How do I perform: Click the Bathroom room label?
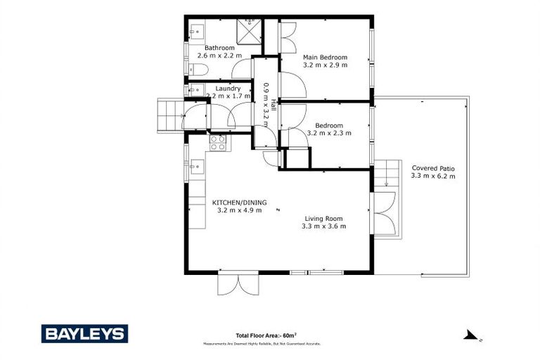click(x=219, y=48)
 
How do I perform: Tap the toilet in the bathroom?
click(x=198, y=69)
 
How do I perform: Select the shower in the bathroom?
click(x=248, y=30)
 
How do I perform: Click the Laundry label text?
click(x=229, y=89)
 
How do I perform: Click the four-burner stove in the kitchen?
click(x=218, y=143)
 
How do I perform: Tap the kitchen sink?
click(x=197, y=167)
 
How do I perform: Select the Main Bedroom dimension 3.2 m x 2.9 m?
click(x=325, y=65)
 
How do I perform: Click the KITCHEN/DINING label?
click(x=239, y=202)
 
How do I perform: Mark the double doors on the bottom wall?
click(x=239, y=283)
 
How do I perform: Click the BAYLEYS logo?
click(x=84, y=333)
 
